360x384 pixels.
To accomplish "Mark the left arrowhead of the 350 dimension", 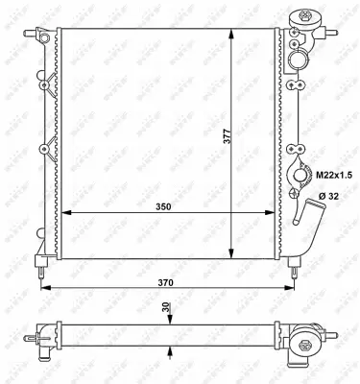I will (x=64, y=212).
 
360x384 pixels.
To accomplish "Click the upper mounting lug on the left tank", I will (x=42, y=84).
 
